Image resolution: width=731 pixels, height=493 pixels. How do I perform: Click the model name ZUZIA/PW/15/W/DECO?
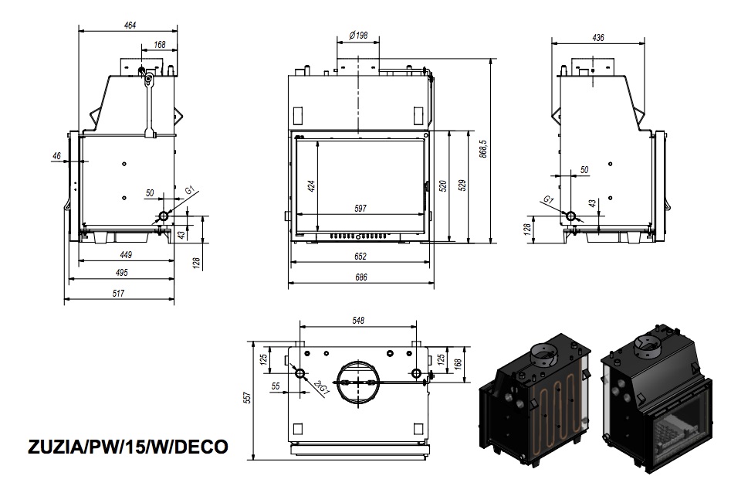(128, 447)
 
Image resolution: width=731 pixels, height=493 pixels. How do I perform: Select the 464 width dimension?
(130, 25)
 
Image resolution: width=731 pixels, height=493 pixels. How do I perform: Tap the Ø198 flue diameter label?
(358, 35)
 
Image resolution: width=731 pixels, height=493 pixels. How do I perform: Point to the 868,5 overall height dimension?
(483, 149)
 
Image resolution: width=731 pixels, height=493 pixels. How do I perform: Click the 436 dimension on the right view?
(597, 37)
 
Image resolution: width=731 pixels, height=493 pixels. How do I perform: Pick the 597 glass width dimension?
(360, 208)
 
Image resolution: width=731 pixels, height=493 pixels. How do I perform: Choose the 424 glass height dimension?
(312, 185)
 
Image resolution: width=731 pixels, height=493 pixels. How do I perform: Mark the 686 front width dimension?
(360, 277)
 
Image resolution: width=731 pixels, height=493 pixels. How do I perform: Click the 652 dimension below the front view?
(360, 257)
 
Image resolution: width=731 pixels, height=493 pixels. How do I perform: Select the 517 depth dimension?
(118, 293)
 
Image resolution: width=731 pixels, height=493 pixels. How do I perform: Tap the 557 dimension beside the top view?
(248, 397)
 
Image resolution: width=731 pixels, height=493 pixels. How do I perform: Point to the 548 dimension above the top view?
(358, 321)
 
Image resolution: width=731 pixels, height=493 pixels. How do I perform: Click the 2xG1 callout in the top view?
(321, 389)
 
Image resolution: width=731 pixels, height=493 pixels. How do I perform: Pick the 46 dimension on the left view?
(57, 156)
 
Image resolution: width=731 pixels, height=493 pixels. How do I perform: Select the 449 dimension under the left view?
(126, 255)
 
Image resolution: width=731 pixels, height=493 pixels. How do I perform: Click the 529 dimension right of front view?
(462, 185)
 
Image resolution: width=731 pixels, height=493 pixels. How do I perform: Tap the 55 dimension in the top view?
(275, 386)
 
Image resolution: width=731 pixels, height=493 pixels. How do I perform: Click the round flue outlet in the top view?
(357, 382)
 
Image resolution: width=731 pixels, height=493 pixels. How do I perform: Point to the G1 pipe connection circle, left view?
(164, 216)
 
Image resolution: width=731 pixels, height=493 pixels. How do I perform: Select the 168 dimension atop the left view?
(160, 45)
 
